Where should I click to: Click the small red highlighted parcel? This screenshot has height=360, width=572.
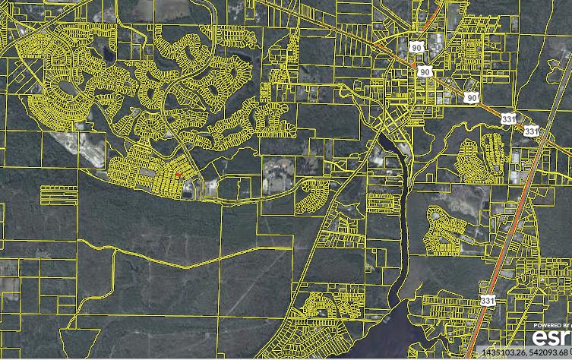tap(178, 175)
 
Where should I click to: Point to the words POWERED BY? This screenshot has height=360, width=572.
tap(551, 324)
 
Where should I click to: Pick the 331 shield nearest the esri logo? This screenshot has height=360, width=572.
tap(485, 302)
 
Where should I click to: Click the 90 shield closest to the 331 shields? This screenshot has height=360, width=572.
tap(472, 97)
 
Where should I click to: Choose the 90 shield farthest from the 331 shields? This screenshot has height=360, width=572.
tap(415, 46)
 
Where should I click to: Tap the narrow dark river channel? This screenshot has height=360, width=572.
tap(403, 228)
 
